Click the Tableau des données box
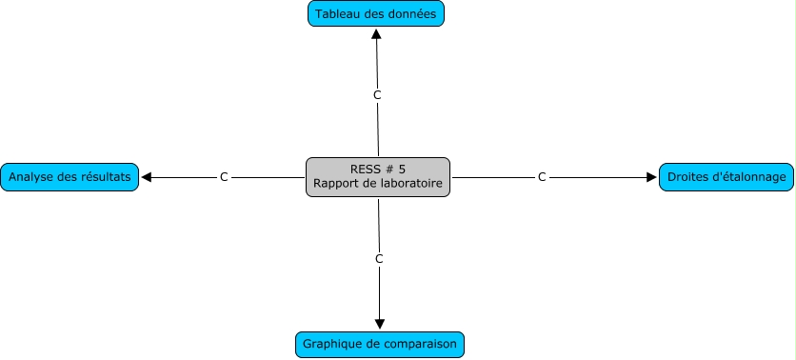(x=376, y=13)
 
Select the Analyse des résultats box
(x=70, y=177)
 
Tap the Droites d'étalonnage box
(x=726, y=177)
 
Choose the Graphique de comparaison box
(x=380, y=344)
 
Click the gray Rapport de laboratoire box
(x=378, y=177)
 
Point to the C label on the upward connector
(x=377, y=95)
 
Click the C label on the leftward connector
(x=224, y=177)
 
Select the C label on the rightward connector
(x=542, y=177)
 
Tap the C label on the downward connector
(x=379, y=259)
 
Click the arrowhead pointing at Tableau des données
(x=376, y=34)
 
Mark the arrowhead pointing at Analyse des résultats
(x=147, y=177)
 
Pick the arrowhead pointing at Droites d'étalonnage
(x=651, y=177)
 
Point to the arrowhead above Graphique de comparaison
(x=380, y=324)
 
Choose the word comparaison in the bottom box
(x=420, y=344)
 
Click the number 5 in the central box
(x=402, y=170)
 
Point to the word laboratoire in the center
(x=411, y=183)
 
